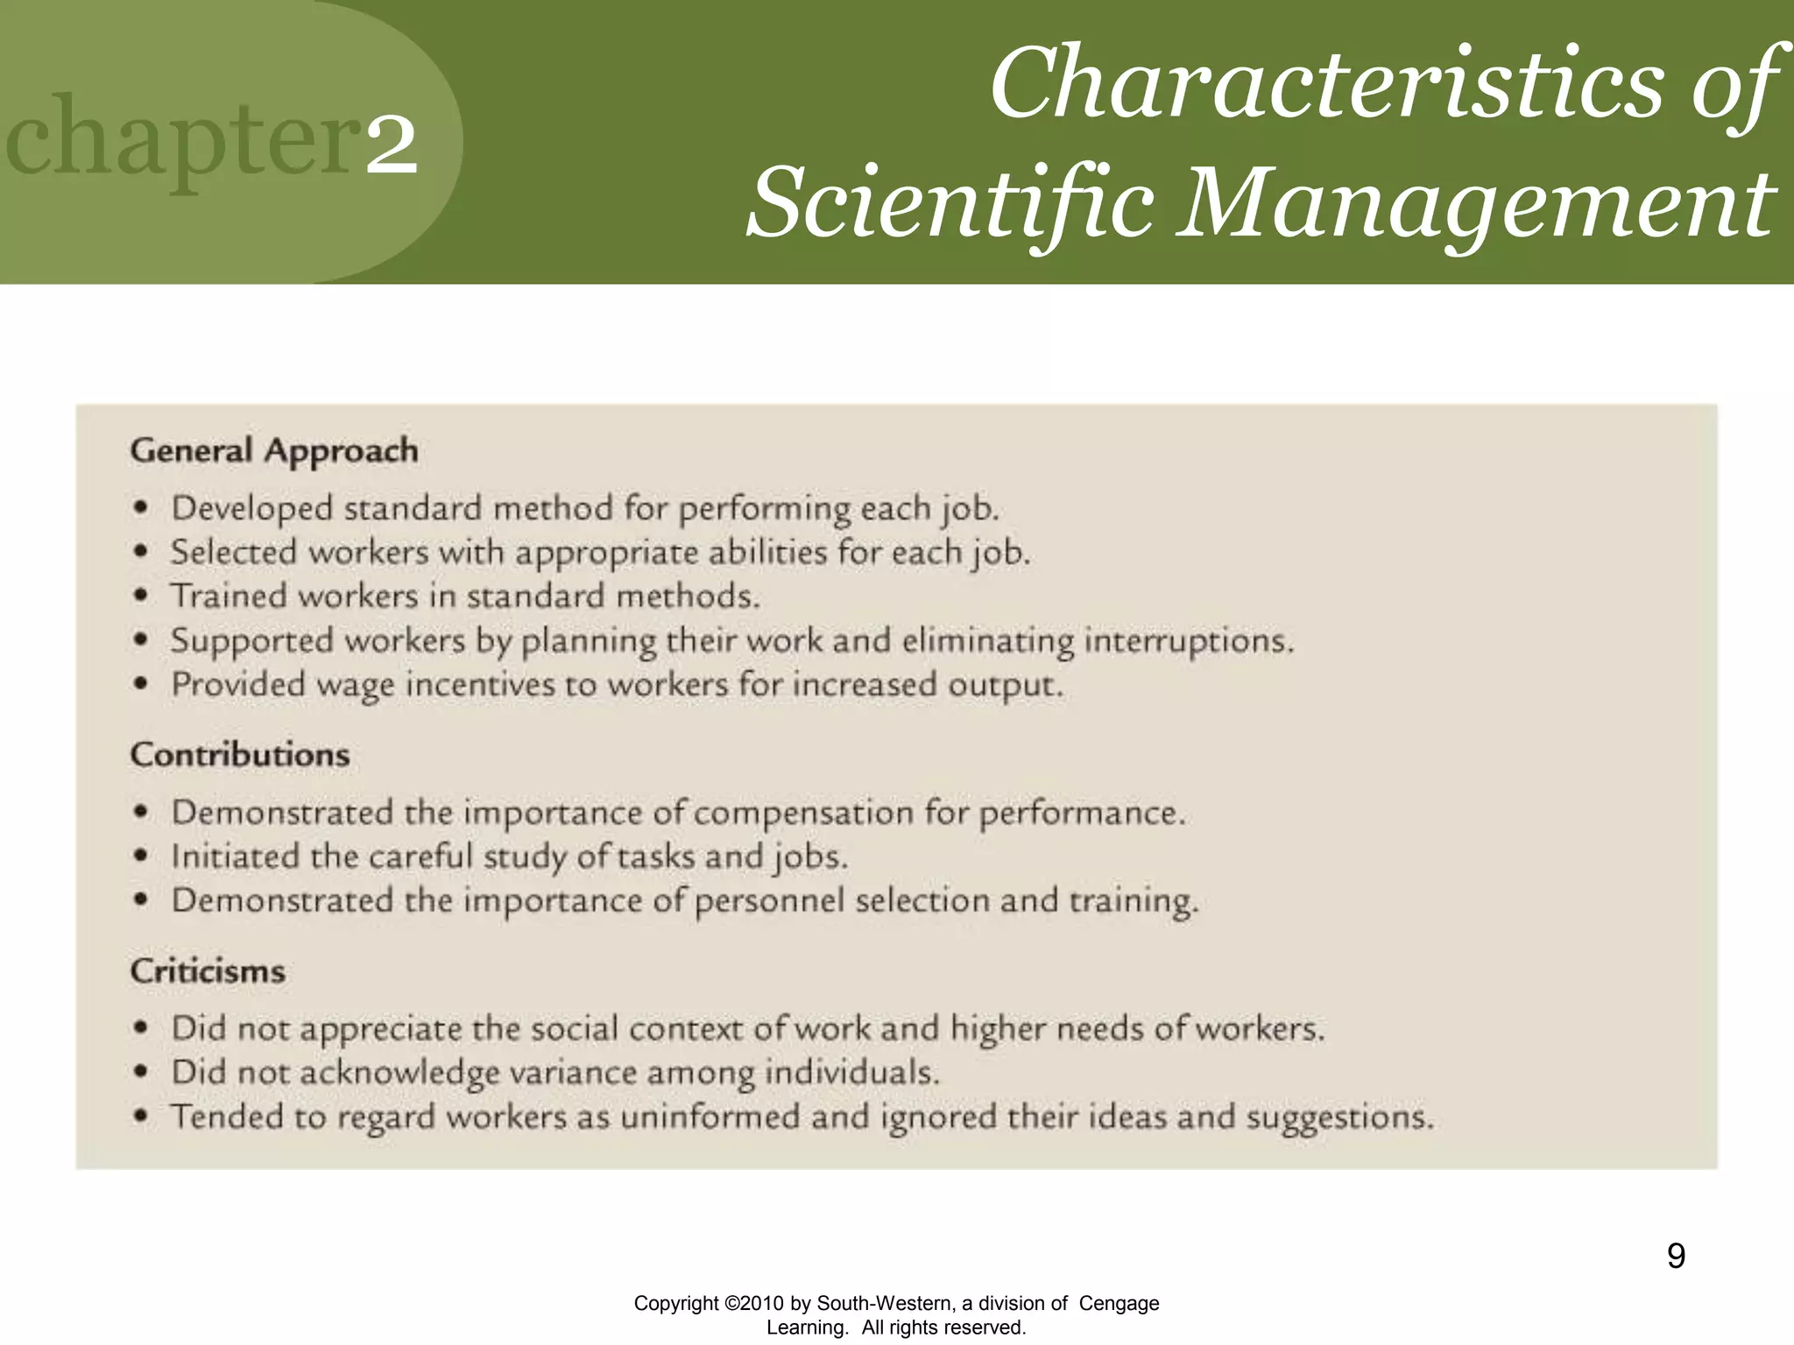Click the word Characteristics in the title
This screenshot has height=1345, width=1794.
pos(1325,84)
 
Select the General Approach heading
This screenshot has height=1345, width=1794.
pos(274,450)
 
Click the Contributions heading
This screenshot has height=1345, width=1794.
pos(240,755)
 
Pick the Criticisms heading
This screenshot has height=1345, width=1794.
pos(208,971)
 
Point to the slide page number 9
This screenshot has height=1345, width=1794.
pos(1676,1256)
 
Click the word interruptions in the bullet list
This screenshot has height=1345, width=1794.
pos(1189,641)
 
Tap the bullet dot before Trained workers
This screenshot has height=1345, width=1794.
pos(141,595)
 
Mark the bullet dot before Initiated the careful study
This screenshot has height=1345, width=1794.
pos(141,856)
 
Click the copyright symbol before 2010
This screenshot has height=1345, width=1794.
pos(732,1304)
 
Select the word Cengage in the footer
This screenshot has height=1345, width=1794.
pos(1119,1303)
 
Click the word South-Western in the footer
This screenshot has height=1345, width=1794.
pos(886,1303)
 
